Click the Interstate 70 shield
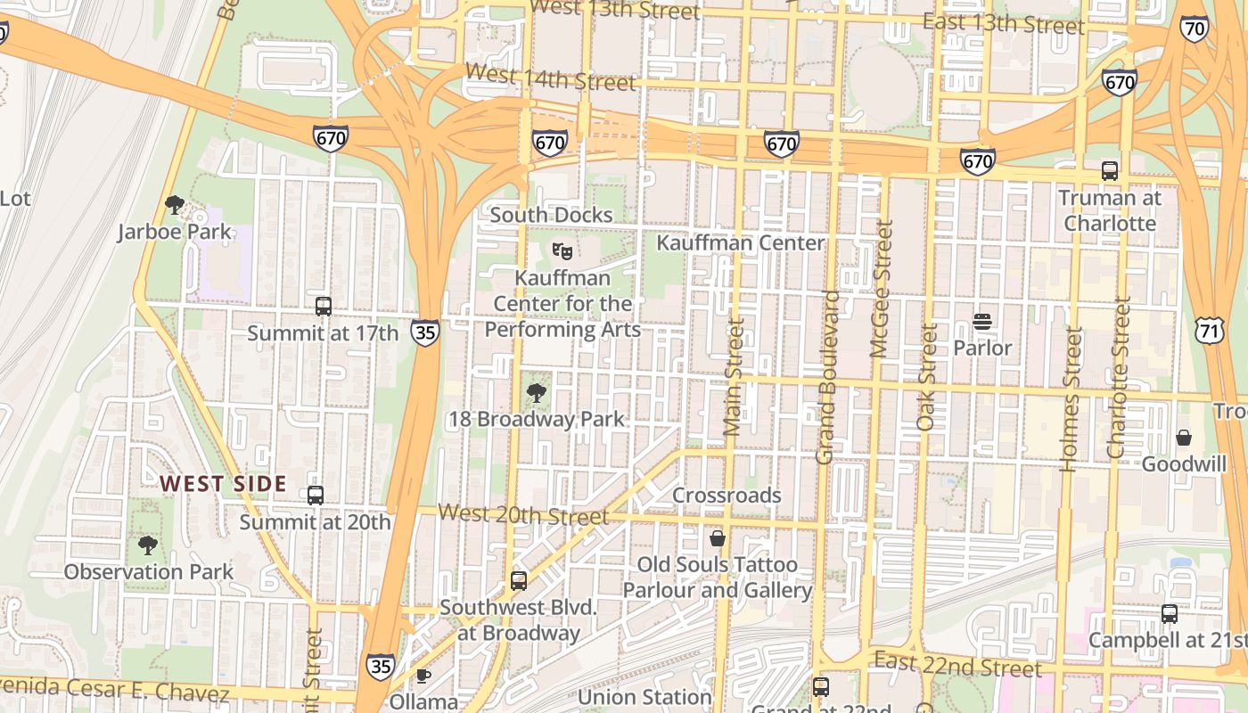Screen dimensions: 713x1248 coord(1194,30)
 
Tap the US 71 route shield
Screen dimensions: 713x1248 coord(1211,329)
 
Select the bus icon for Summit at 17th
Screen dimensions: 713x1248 coord(324,307)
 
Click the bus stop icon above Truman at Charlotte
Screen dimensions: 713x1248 coord(1110,171)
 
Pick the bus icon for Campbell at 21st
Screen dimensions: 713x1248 coord(1169,614)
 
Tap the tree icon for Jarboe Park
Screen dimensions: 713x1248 coord(175,206)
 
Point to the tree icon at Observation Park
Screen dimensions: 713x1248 coord(148,545)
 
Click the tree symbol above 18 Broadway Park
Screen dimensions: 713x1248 coord(537,392)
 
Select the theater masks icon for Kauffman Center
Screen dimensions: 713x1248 coord(562,251)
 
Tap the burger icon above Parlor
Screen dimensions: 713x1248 coord(982,322)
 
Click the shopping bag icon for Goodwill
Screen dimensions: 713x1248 coord(1184,438)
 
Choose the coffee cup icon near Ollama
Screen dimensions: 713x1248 coord(423,676)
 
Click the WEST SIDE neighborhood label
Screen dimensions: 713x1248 coord(223,484)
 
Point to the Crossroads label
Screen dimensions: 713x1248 coord(727,496)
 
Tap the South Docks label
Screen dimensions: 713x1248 coord(551,215)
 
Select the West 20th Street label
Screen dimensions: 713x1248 coord(524,514)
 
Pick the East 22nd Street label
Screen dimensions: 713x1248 coord(957,664)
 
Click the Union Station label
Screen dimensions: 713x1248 coord(645,697)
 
